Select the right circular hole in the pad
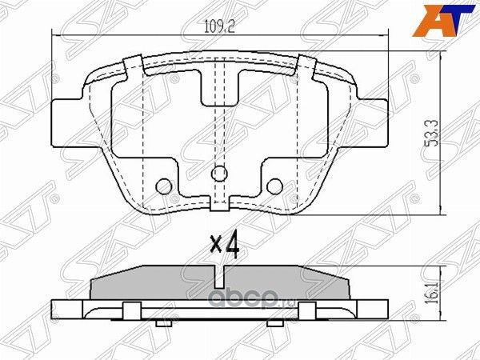tap(274, 186)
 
